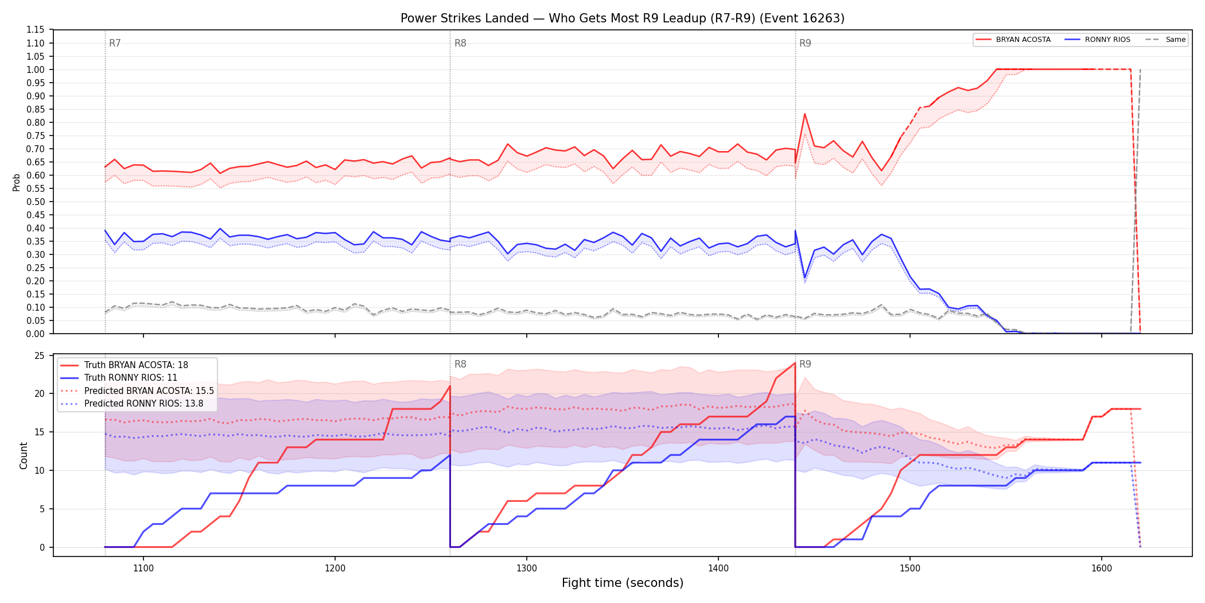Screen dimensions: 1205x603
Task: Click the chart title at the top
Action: [623, 18]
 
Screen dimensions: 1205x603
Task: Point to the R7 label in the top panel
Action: [115, 43]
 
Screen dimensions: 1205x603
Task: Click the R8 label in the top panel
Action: [460, 43]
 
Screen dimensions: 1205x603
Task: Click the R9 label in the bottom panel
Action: [805, 364]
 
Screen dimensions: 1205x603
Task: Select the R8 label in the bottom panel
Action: [460, 364]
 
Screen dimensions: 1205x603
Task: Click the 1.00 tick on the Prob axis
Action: [36, 69]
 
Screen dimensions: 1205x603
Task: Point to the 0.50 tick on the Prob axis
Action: [36, 202]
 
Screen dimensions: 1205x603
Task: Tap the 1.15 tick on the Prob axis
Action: [36, 30]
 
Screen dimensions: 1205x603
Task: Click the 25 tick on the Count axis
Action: [40, 355]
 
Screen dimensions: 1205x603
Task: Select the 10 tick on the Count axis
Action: [40, 470]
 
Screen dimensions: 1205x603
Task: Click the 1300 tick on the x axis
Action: [527, 568]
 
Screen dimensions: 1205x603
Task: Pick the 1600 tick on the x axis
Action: [1102, 568]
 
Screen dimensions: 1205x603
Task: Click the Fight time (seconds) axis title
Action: [623, 583]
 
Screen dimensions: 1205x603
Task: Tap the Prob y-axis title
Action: [17, 182]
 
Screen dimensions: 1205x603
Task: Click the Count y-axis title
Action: [24, 455]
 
